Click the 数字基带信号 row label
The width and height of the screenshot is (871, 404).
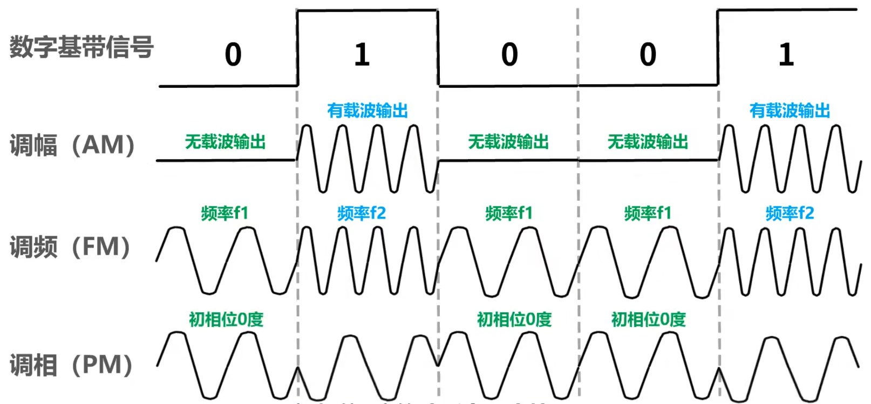pos(81,47)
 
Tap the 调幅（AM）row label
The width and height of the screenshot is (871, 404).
pos(72,146)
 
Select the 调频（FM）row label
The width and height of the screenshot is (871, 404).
pos(70,247)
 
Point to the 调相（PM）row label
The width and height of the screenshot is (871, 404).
pos(71,365)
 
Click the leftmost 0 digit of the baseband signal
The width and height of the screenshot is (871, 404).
pos(233,54)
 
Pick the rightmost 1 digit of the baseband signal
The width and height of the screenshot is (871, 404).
pos(786,54)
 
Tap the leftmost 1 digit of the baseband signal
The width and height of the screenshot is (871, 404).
pos(362,54)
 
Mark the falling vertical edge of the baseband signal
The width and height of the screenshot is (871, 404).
pos(438,47)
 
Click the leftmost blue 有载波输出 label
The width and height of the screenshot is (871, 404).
pos(367,111)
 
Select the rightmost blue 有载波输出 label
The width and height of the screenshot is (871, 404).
pos(790,111)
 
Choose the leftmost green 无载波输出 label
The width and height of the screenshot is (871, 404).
pos(225,142)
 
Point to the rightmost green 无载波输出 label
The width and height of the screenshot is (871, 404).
pos(648,142)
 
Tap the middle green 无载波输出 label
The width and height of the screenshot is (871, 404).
pos(508,142)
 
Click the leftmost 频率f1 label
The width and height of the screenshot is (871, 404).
pos(224,213)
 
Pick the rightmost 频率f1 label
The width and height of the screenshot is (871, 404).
pos(648,213)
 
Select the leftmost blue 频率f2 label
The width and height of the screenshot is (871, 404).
pos(362,213)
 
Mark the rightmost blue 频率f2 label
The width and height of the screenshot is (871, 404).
pos(790,213)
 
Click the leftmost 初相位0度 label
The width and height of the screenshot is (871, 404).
pos(226,319)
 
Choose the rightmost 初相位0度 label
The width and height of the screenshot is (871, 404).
pos(648,319)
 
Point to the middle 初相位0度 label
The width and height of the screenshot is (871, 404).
pos(514,319)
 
